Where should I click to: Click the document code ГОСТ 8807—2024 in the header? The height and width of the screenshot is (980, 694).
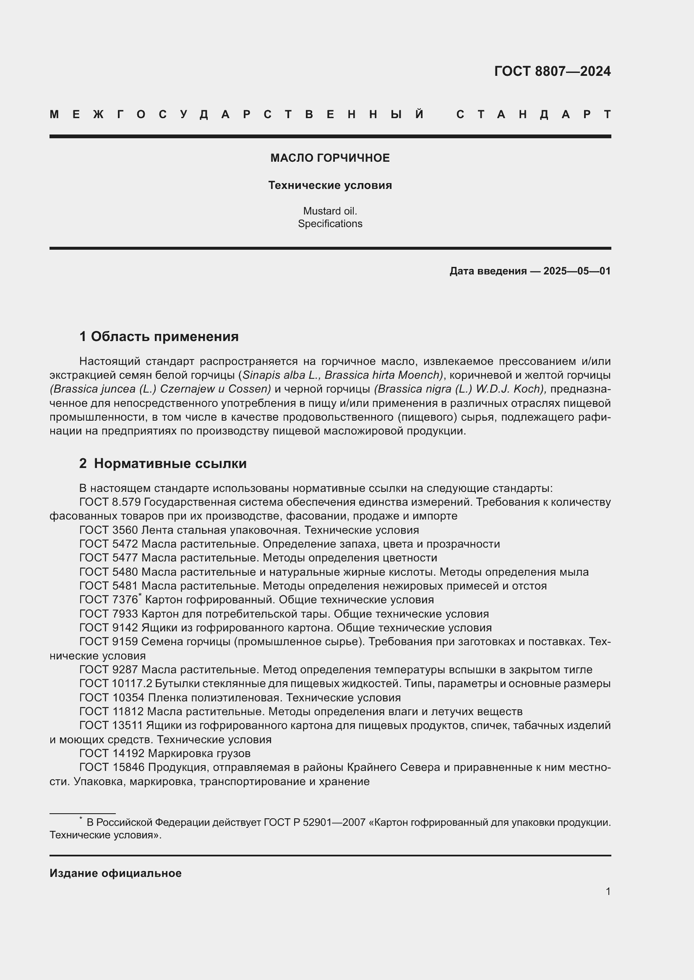tap(552, 71)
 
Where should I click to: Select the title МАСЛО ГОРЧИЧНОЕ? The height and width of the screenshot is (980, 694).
tap(330, 158)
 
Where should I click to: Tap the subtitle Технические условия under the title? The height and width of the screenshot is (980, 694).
tap(330, 185)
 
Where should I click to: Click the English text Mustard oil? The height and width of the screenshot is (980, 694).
tap(330, 211)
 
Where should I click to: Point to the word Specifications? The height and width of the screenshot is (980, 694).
tap(330, 224)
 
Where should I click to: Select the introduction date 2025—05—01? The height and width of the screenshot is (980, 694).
tap(577, 271)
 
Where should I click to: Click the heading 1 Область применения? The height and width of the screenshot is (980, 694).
tap(159, 336)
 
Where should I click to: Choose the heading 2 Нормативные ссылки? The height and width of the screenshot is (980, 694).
tap(163, 463)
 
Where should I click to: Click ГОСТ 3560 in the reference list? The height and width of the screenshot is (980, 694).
tap(109, 530)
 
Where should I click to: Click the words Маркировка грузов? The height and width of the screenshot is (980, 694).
tap(199, 753)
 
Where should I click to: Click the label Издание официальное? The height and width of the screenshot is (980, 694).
tap(115, 873)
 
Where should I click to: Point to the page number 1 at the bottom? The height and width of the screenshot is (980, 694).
tap(608, 892)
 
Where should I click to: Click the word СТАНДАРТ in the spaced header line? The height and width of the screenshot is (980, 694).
tap(533, 114)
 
